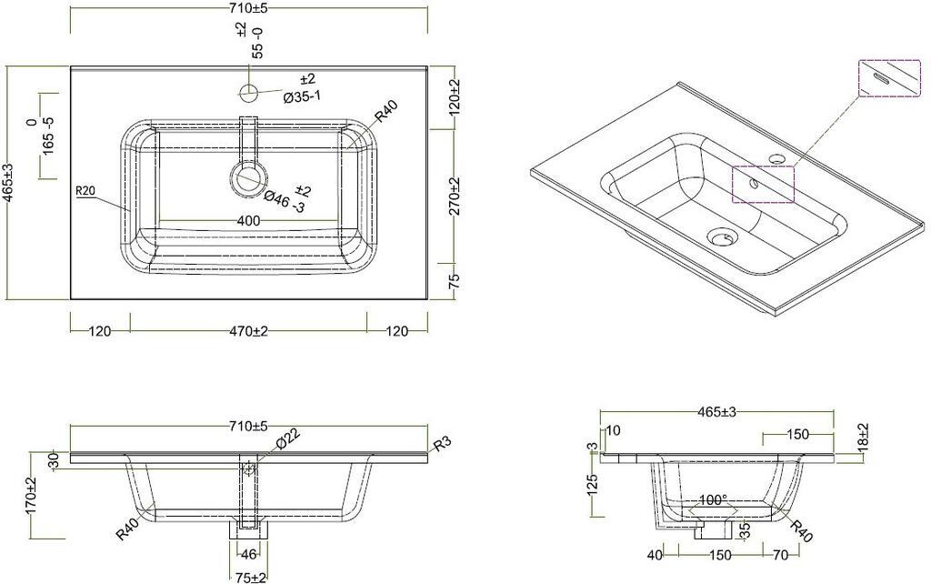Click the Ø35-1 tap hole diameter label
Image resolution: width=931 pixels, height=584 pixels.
click(x=302, y=96)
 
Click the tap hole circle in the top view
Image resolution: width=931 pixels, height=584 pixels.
click(x=248, y=92)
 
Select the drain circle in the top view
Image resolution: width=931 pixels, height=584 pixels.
click(x=247, y=178)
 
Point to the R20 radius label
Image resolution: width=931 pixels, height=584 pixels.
click(x=85, y=191)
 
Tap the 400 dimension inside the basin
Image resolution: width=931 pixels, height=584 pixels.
click(x=248, y=221)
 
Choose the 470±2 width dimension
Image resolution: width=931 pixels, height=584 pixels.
click(x=248, y=331)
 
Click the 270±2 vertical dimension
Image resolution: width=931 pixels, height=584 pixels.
click(x=455, y=196)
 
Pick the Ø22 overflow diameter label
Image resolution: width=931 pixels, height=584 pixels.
click(x=288, y=438)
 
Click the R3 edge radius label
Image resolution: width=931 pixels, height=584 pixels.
click(x=443, y=445)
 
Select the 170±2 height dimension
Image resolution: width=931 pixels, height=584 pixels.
click(x=31, y=496)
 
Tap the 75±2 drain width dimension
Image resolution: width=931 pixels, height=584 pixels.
click(x=249, y=577)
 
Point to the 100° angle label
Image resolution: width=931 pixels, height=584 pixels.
click(x=713, y=500)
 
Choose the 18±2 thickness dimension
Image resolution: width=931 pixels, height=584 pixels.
click(x=863, y=437)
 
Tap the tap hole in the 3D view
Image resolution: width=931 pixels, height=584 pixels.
click(x=776, y=158)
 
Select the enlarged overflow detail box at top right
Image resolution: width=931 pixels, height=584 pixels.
click(x=890, y=78)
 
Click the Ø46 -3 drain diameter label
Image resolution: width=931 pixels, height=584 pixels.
click(x=287, y=199)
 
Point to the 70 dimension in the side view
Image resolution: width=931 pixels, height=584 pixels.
click(x=781, y=555)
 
